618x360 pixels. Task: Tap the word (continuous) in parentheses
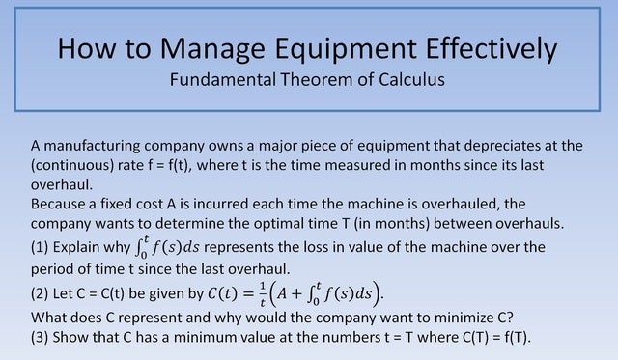76,165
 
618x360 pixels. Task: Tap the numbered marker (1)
42,248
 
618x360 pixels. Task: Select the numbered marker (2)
42,291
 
